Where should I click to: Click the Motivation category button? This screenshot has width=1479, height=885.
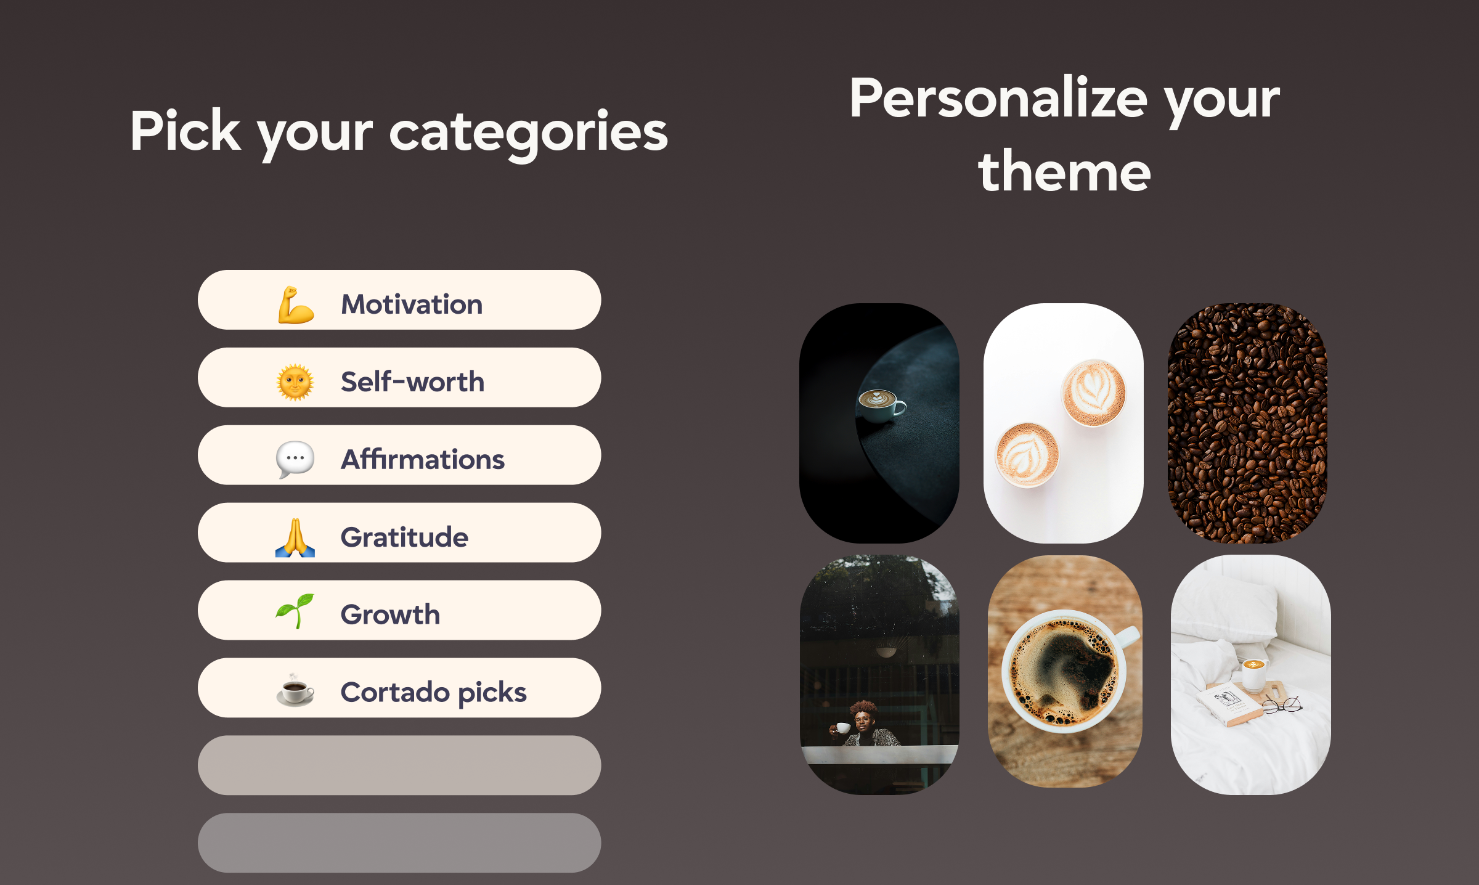399,300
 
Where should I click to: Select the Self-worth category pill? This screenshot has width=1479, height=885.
399,378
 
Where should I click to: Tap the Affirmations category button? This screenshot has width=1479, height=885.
399,455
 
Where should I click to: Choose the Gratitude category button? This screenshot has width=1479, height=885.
399,533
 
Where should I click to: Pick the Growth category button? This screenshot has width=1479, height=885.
399,611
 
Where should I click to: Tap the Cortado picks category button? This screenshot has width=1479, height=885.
399,688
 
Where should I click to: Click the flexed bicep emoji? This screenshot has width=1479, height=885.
296,305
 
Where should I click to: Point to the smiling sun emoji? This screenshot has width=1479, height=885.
295,382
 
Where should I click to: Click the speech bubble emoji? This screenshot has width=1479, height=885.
295,460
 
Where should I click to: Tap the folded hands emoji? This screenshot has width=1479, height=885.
295,537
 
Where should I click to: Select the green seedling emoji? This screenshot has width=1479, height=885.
295,611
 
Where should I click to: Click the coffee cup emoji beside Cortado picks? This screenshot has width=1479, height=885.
295,690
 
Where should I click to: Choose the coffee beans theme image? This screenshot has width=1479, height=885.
1248,423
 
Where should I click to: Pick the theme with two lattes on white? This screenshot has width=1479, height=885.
1063,423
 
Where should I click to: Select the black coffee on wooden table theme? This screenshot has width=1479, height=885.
1064,672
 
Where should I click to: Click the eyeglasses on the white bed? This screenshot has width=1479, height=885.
1283,704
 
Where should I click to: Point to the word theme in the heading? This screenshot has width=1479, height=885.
1064,173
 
